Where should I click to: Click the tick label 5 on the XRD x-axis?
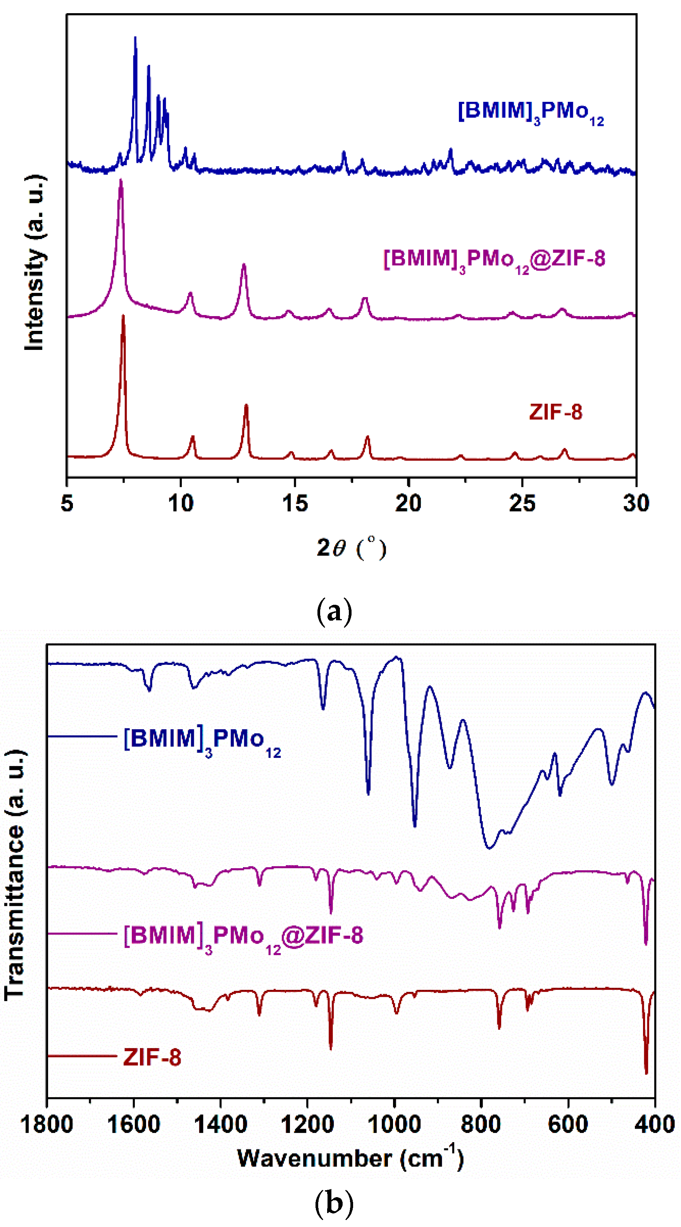(x=67, y=503)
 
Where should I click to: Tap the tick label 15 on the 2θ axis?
(x=295, y=503)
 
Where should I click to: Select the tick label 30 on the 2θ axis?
(x=636, y=503)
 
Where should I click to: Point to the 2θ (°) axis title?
(x=351, y=548)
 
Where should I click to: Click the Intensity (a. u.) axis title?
(x=34, y=263)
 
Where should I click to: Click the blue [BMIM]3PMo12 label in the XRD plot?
(x=530, y=112)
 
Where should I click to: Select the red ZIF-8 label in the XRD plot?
(x=555, y=412)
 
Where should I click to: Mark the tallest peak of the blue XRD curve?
(x=135, y=38)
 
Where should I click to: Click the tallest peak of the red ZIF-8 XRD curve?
(x=123, y=316)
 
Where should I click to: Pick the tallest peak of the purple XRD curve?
(x=121, y=181)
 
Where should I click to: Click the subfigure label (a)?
(x=334, y=611)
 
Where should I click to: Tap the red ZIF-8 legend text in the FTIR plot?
(x=152, y=1057)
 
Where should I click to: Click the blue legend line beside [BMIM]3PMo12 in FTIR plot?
(x=82, y=737)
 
